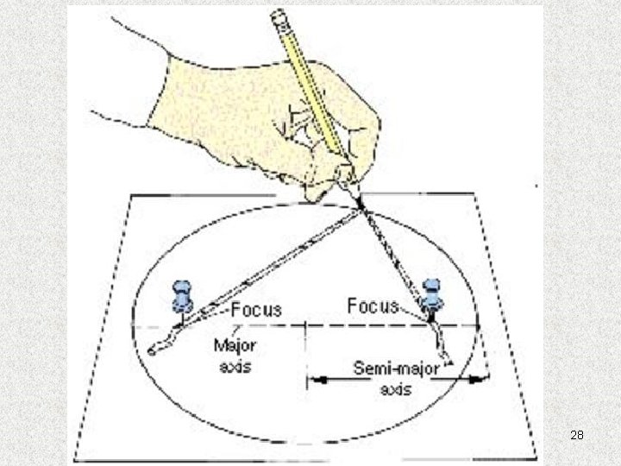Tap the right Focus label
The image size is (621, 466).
[373, 305]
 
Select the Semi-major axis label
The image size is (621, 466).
[397, 378]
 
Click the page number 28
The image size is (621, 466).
[577, 436]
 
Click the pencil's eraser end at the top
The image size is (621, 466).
[278, 15]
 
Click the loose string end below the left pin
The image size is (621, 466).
[154, 349]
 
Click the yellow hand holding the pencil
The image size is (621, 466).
[259, 112]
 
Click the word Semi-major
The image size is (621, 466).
[397, 369]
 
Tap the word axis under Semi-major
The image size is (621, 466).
[397, 388]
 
